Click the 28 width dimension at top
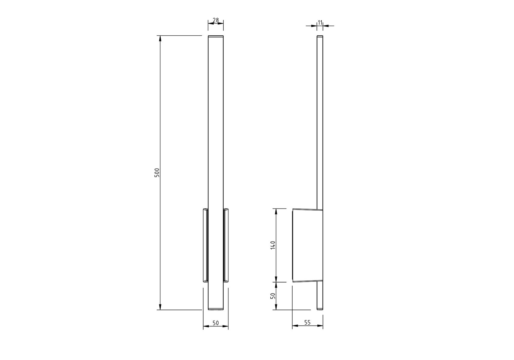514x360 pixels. click(x=216, y=20)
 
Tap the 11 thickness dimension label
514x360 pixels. click(x=320, y=22)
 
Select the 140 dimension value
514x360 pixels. click(x=272, y=245)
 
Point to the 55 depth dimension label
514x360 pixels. click(x=308, y=322)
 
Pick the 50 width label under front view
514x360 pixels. click(x=216, y=323)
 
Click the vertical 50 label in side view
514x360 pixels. click(x=272, y=296)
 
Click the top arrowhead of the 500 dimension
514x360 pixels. click(x=160, y=39)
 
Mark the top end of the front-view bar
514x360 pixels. click(x=216, y=36)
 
